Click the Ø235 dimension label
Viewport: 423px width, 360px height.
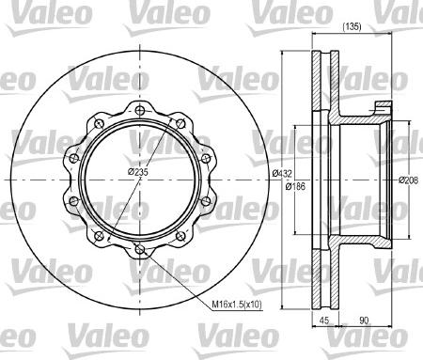[x=138, y=172]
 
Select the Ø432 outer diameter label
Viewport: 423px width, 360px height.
[x=282, y=173]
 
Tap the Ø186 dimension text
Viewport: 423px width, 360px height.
[x=295, y=186]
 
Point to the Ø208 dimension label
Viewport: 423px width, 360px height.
[x=408, y=180]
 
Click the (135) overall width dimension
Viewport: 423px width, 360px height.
[x=352, y=27]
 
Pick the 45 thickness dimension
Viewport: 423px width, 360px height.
[x=324, y=321]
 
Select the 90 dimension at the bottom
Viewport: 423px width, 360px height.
[x=364, y=321]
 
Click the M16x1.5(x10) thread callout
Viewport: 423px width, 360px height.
[x=237, y=304]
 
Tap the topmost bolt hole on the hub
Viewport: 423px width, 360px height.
[x=139, y=110]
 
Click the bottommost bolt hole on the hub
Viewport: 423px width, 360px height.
[x=139, y=249]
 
